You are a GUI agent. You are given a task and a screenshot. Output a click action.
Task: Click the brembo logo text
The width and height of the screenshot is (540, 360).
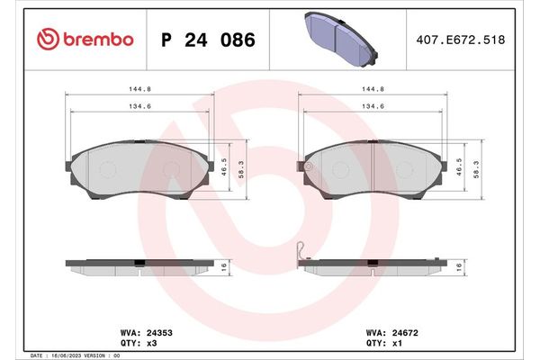(97, 39)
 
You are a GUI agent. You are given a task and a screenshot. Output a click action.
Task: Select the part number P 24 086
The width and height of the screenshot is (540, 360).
(207, 40)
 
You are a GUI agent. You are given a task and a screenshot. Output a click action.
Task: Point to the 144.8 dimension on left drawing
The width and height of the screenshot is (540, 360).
(139, 89)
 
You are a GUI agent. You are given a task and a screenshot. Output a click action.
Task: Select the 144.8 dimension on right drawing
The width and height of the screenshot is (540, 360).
(374, 89)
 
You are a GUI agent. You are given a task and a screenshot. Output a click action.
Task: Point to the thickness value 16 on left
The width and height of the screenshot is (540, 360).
(223, 267)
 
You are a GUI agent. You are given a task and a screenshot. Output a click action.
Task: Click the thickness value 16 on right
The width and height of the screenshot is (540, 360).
(460, 267)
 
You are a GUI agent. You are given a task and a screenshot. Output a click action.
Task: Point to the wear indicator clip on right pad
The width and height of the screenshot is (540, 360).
(303, 252)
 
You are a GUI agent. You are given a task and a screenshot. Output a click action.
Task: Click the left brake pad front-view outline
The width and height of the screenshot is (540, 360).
(139, 170)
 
